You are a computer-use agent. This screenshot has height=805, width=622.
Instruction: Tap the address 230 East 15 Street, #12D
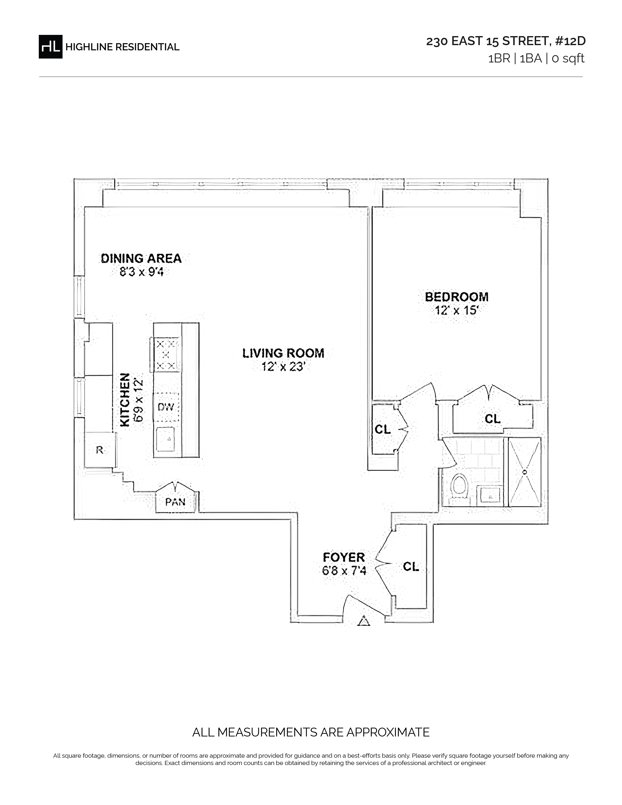[506, 41]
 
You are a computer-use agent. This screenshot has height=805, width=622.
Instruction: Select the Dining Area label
[141, 258]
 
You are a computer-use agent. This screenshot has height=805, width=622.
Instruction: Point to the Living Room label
[283, 353]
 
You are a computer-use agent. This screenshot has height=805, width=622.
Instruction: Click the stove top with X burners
[165, 355]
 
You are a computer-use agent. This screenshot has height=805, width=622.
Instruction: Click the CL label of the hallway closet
[382, 429]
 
